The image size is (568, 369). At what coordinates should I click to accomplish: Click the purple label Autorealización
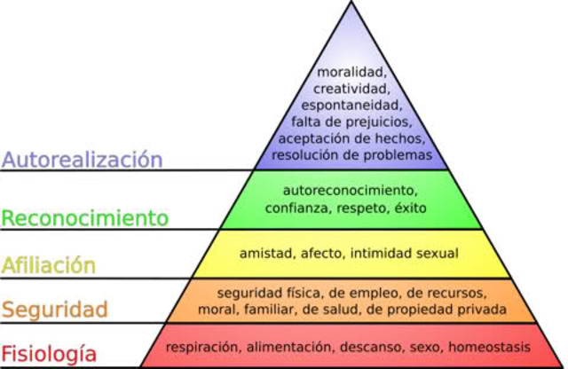click(x=82, y=160)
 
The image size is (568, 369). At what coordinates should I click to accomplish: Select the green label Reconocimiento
click(x=84, y=217)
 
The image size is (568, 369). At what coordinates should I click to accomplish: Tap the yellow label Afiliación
click(x=49, y=264)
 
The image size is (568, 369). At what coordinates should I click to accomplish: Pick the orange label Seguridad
click(x=54, y=310)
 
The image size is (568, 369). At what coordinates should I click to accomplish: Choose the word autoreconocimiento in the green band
click(x=349, y=190)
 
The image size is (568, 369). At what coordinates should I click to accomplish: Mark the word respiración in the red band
click(x=203, y=347)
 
